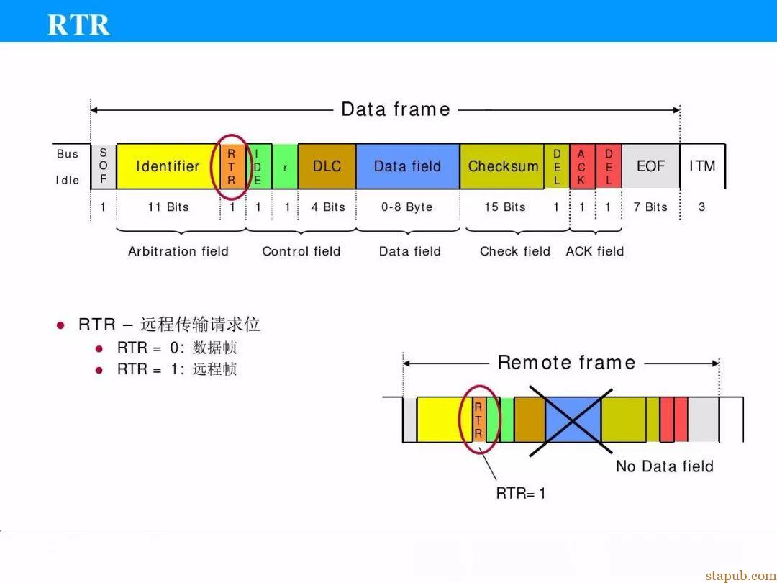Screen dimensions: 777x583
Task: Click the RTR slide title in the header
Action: pyautogui.click(x=78, y=24)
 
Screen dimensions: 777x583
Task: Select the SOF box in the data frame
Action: pyautogui.click(x=103, y=166)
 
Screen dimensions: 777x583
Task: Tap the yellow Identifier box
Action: pyautogui.click(x=168, y=166)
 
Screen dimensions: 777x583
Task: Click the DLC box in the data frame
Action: pyautogui.click(x=327, y=166)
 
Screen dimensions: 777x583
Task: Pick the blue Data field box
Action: pyautogui.click(x=408, y=166)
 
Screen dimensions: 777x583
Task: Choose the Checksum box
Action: pyautogui.click(x=502, y=166)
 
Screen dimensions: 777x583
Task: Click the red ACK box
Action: pyautogui.click(x=582, y=166)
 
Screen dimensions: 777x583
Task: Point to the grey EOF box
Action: pyautogui.click(x=650, y=166)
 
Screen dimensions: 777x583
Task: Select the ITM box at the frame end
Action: pyautogui.click(x=703, y=166)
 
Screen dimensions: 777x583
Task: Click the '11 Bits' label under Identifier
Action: pyautogui.click(x=168, y=207)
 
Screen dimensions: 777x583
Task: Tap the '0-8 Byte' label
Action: pyautogui.click(x=406, y=207)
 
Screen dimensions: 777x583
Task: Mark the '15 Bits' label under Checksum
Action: pyautogui.click(x=505, y=207)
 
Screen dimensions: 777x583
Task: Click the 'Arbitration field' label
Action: pyautogui.click(x=178, y=251)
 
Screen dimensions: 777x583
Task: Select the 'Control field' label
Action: pyautogui.click(x=301, y=251)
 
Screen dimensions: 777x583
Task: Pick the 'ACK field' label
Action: pyautogui.click(x=595, y=251)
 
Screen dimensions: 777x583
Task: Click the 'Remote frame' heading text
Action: pyautogui.click(x=566, y=362)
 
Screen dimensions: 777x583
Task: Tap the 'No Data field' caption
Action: pyautogui.click(x=665, y=466)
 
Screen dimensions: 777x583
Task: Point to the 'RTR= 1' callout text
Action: pyautogui.click(x=521, y=493)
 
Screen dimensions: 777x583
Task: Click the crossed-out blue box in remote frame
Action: pyautogui.click(x=573, y=420)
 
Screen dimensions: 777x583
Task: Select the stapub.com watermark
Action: pyautogui.click(x=741, y=575)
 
